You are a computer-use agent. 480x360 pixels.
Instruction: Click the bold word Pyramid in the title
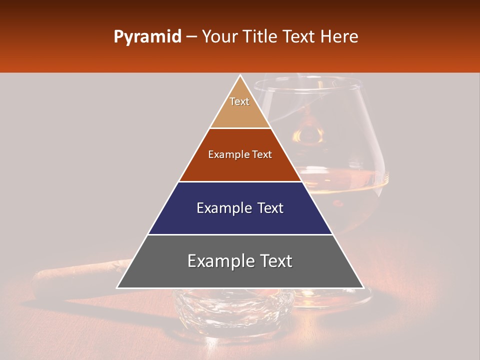tap(147, 37)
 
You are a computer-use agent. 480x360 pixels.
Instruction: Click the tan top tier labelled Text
tap(239, 107)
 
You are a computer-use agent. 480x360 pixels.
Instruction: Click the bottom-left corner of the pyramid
tap(118, 287)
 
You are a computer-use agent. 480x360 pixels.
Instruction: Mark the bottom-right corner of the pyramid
tap(362, 287)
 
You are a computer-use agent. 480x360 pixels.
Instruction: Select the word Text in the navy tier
tap(270, 208)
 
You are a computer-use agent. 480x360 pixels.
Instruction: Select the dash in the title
tap(191, 37)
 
